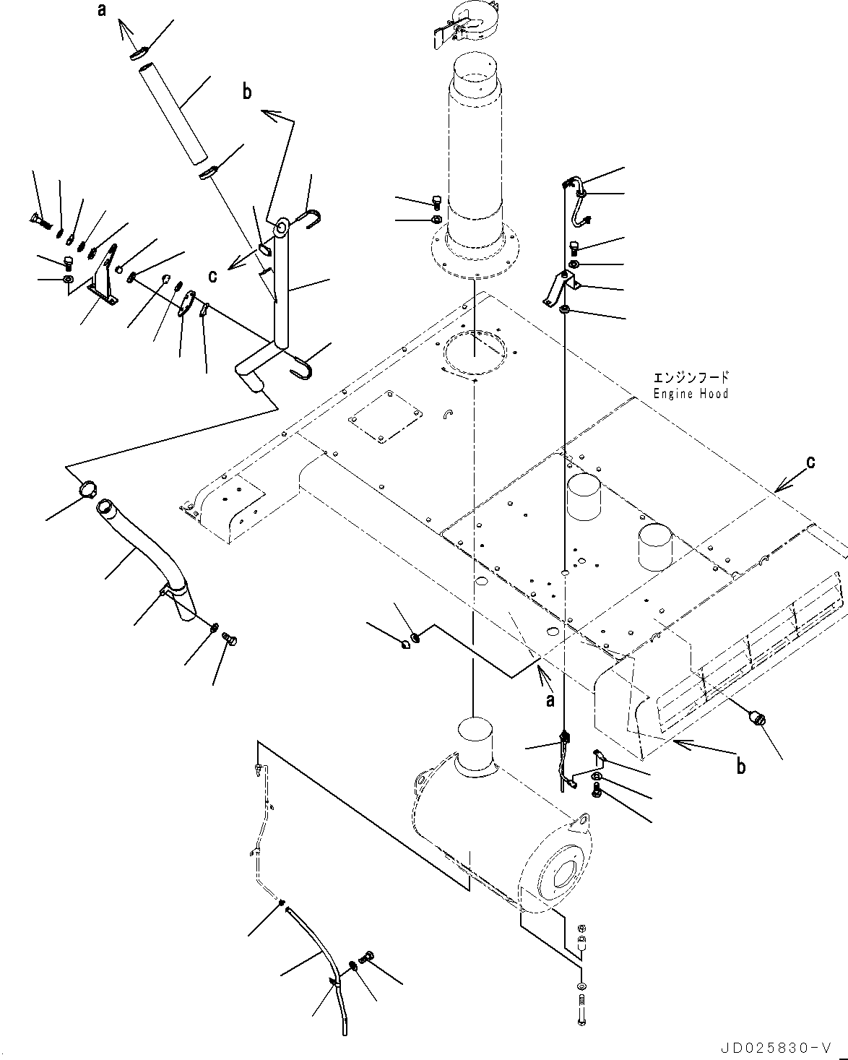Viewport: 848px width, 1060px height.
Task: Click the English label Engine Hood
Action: coord(691,394)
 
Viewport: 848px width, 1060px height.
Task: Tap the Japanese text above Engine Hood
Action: coord(691,378)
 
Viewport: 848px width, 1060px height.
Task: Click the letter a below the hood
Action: coord(550,699)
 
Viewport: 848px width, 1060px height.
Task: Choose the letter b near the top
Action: coord(247,92)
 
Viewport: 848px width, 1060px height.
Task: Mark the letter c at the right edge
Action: coord(811,461)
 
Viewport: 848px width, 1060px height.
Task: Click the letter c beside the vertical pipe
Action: coord(213,275)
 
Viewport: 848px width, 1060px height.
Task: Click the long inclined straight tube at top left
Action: coord(173,114)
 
